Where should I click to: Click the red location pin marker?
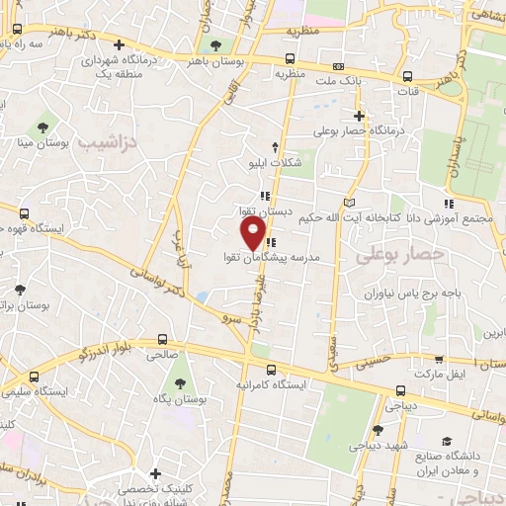tap(254, 233)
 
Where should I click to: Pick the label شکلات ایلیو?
tap(273, 163)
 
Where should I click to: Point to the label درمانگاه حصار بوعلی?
tap(362, 130)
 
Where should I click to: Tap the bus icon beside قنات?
tap(407, 76)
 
